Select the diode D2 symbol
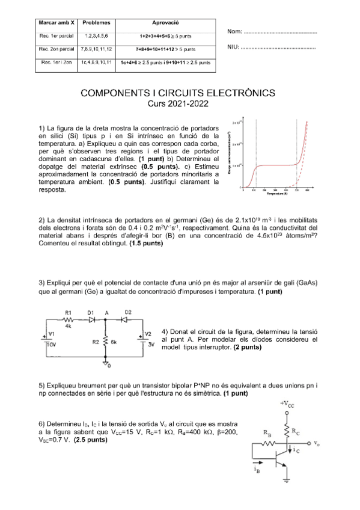pyautogui.click(x=128, y=320)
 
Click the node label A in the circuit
pyautogui.click(x=106, y=313)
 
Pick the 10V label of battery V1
pyautogui.click(x=52, y=345)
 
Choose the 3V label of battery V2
pyautogui.click(x=151, y=345)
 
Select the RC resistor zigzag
pyautogui.click(x=288, y=431)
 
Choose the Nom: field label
pyautogui.click(x=236, y=31)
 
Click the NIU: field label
pyautogui.click(x=235, y=48)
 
